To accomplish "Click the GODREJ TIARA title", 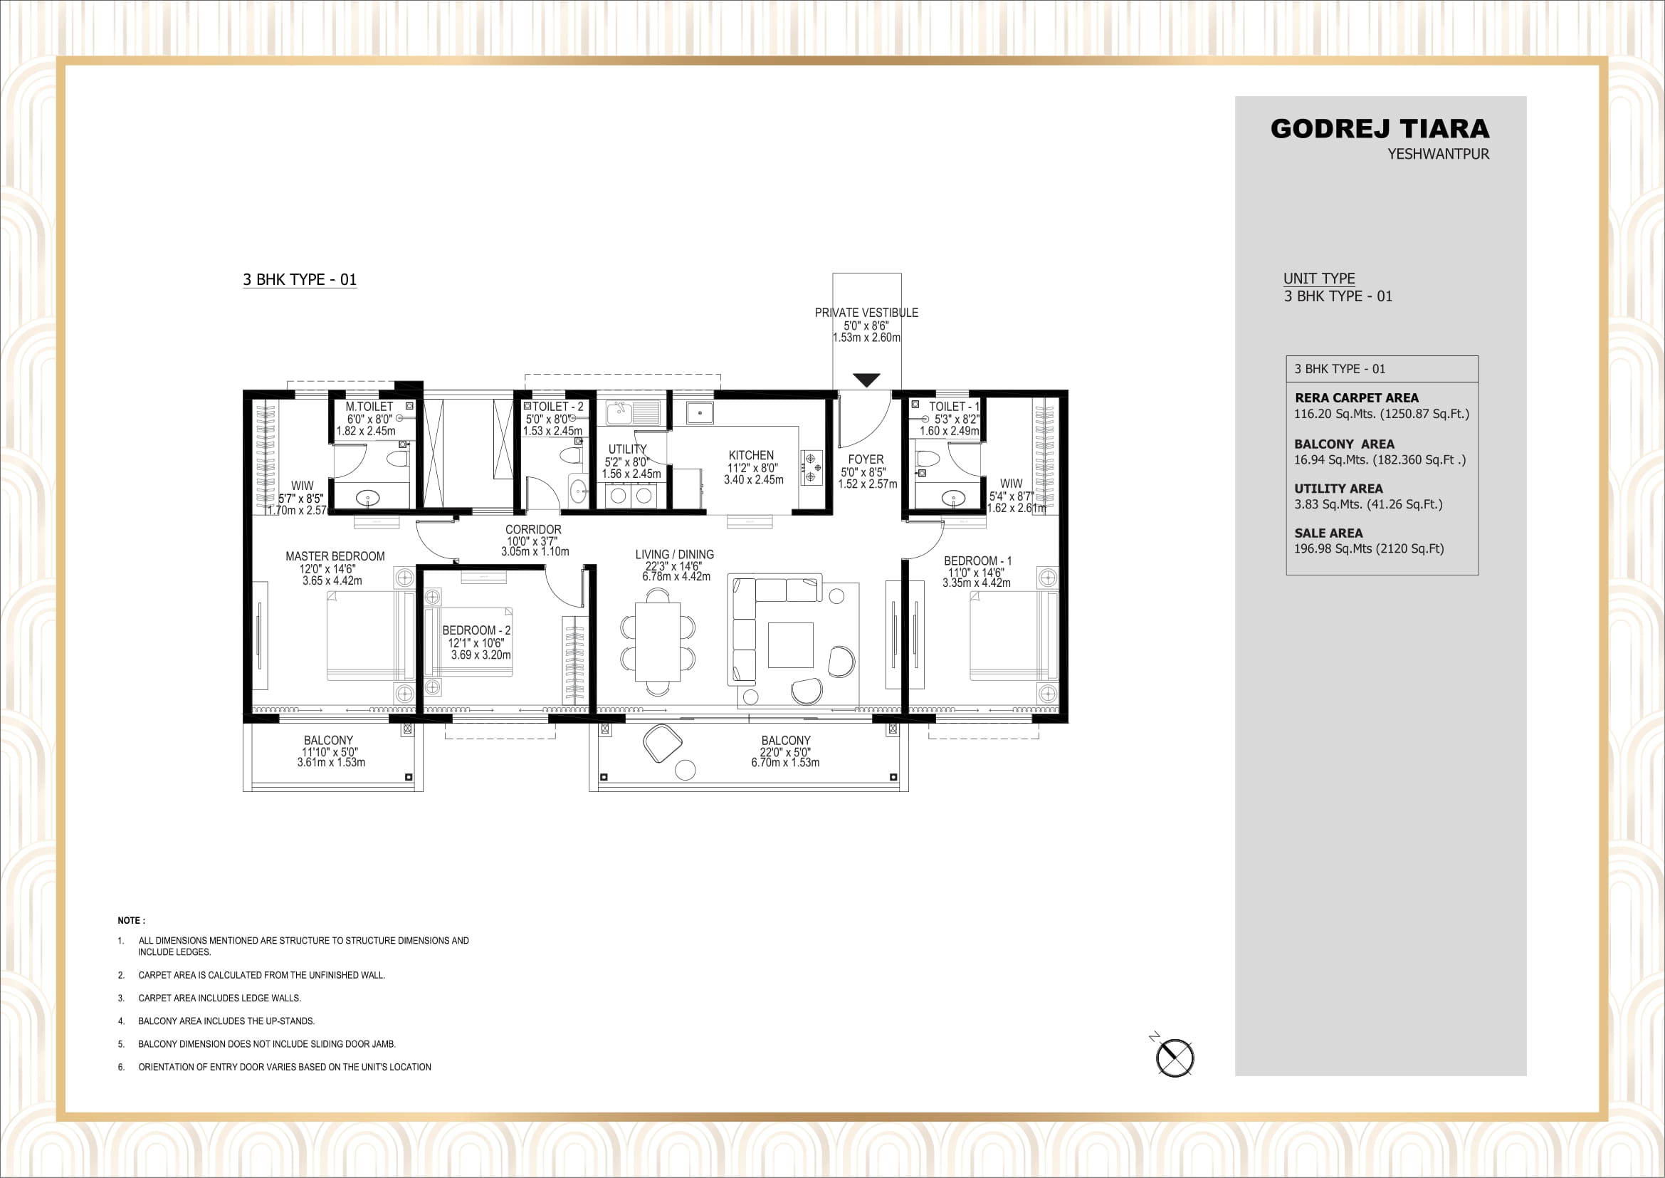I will point(1380,129).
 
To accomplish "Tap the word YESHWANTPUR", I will point(1438,155).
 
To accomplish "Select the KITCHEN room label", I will point(751,456).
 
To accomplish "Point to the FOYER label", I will point(866,460).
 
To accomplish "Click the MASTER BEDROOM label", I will point(335,556).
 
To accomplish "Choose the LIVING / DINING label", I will point(674,555).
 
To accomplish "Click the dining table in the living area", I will point(658,642).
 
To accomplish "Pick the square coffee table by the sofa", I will point(790,645).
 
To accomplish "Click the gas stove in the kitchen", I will point(811,468).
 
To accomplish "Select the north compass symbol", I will point(1174,1058).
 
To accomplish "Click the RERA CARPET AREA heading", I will point(1356,398).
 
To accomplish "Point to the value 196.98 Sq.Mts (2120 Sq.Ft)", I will point(1368,549).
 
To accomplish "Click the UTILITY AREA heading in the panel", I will point(1338,489).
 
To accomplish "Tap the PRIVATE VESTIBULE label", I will point(866,313).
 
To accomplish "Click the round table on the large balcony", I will point(685,771).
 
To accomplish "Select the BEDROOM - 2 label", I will point(476,631).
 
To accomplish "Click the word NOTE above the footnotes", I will point(129,920).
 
